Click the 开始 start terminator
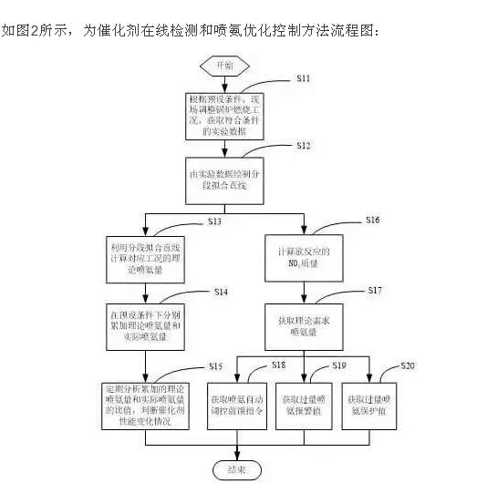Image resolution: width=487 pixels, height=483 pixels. [223, 66]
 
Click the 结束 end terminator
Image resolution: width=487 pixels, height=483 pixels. [237, 469]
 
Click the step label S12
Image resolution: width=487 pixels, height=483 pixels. [304, 145]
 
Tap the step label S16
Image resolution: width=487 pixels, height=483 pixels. [372, 221]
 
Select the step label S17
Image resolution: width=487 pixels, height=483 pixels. [374, 290]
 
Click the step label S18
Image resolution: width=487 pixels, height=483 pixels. [278, 365]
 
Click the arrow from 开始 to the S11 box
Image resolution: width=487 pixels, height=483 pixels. [224, 83]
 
